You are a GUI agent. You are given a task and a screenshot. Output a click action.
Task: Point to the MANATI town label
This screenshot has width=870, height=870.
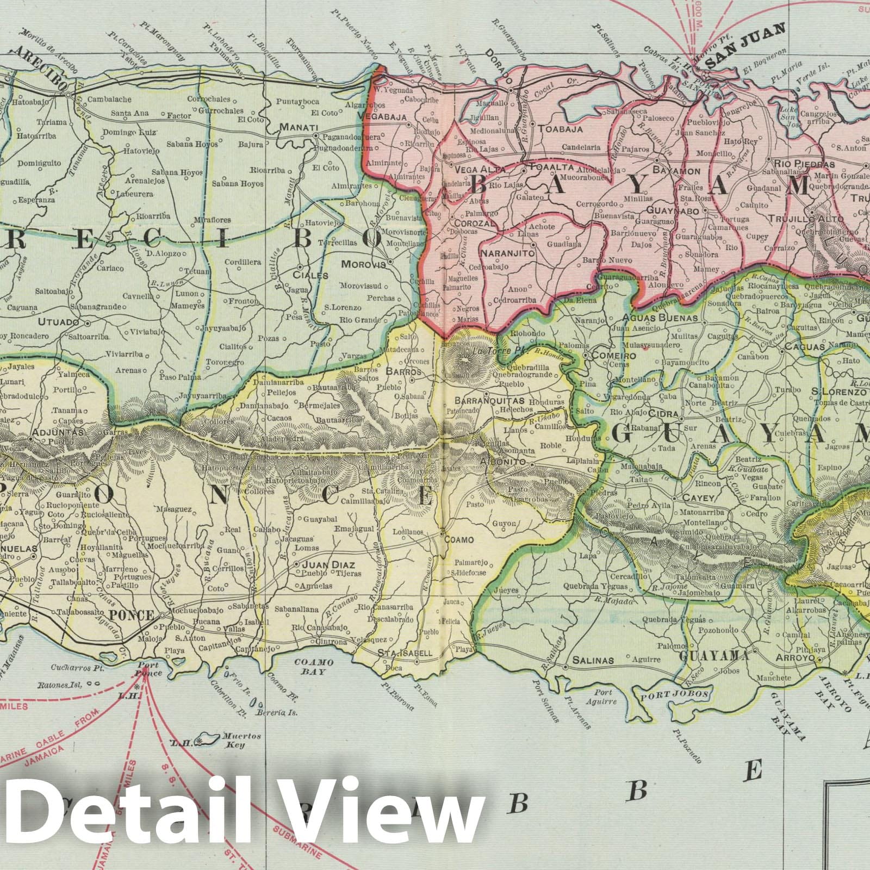coord(299,127)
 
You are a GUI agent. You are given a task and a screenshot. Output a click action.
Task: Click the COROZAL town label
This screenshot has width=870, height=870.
coord(466,223)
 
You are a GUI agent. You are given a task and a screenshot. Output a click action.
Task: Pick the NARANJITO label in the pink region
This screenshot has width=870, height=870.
coord(505,253)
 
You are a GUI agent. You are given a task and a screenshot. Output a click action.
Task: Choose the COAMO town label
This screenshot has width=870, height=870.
coord(459,540)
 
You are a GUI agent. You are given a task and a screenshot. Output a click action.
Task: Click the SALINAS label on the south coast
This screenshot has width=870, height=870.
coord(591,660)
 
